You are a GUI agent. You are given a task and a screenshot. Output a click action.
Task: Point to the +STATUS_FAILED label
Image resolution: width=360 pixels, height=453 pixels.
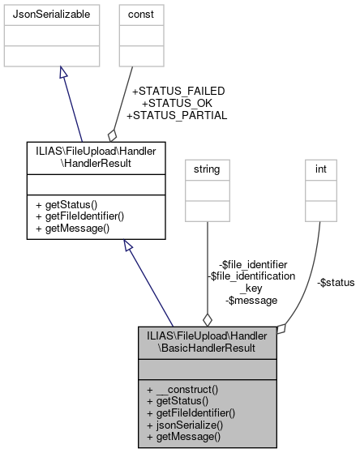178,91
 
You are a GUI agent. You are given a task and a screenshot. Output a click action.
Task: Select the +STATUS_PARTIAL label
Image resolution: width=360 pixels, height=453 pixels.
177,115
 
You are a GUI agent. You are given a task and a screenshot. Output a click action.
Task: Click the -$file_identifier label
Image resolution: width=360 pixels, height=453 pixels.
253,264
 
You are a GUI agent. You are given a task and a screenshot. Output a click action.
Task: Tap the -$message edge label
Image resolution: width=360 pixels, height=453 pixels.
253,300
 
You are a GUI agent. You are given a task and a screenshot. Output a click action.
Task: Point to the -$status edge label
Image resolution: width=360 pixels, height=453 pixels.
336,282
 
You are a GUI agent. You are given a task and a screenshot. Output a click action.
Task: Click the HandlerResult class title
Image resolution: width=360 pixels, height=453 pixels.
96,156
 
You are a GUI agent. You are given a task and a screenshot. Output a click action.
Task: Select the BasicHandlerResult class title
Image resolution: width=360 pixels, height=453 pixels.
208,342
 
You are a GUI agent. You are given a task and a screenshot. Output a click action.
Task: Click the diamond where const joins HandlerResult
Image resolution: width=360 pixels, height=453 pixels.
113,134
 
